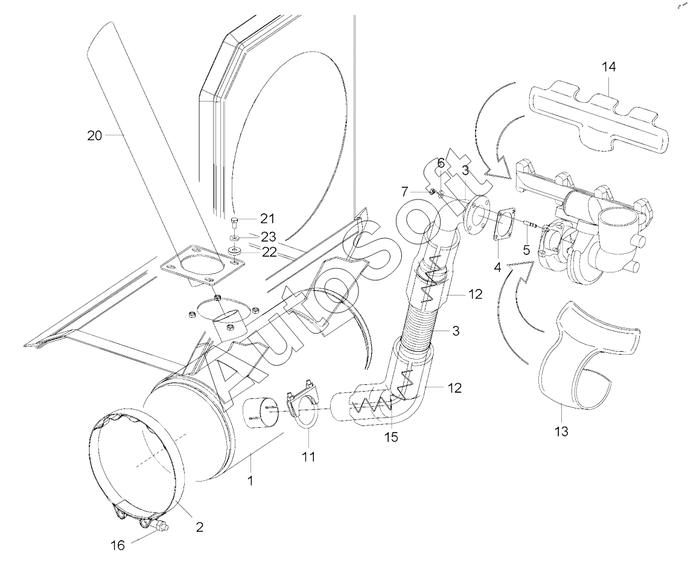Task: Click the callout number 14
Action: point(608,67)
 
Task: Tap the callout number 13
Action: point(562,431)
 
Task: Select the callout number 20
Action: point(95,136)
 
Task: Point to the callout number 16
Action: point(118,546)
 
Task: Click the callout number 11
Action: point(308,457)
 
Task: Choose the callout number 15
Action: point(391,436)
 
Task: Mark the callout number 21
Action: point(267,218)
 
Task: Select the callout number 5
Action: point(526,248)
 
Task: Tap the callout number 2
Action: point(199,526)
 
